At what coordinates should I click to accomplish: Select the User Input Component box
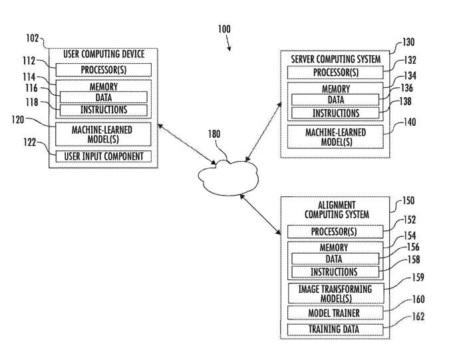coord(103,156)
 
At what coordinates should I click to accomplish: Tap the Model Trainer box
coord(335,312)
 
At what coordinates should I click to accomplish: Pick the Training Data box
coord(335,329)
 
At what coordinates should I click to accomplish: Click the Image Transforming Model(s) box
coord(335,292)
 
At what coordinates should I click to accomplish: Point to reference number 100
coord(224,29)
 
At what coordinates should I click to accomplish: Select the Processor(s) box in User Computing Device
coord(103,70)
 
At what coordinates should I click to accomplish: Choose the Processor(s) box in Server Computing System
coord(335,73)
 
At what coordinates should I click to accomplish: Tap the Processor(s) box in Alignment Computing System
coord(335,231)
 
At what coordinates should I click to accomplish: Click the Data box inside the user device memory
coord(103,98)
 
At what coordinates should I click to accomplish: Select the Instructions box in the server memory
coord(335,113)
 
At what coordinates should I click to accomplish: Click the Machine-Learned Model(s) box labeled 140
coord(335,137)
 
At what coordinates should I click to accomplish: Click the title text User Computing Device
coord(103,53)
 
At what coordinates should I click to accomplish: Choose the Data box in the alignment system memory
coord(335,259)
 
